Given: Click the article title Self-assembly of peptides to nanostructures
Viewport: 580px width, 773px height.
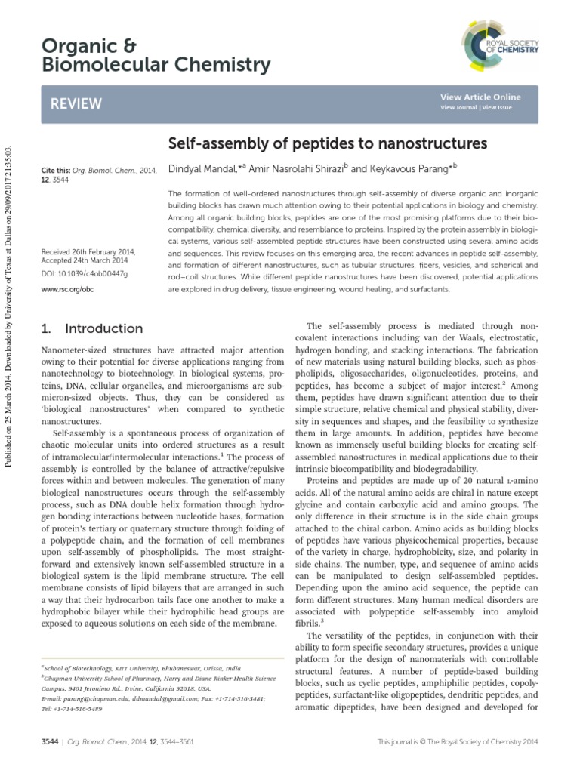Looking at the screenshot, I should click(326, 143).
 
